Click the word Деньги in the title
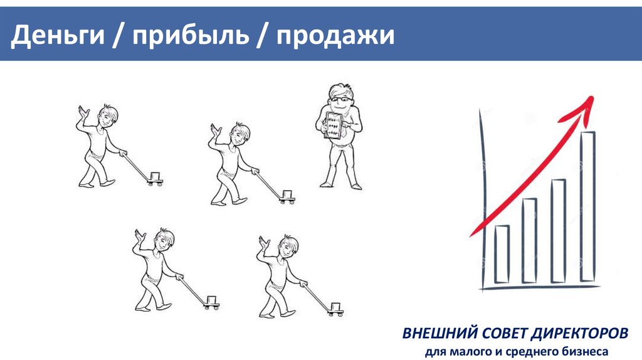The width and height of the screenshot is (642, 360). (x=58, y=35)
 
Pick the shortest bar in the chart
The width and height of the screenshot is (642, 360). (x=502, y=254)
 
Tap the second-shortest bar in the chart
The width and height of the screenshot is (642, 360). (x=529, y=240)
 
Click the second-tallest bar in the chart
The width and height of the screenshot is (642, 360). (x=559, y=231)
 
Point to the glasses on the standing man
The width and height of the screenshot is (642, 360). (x=340, y=99)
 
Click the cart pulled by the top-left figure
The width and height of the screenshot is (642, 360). (x=155, y=179)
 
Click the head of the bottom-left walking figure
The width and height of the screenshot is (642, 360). (x=164, y=240)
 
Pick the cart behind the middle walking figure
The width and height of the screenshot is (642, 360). (x=287, y=196)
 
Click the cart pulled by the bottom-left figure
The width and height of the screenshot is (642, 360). (x=212, y=303)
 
